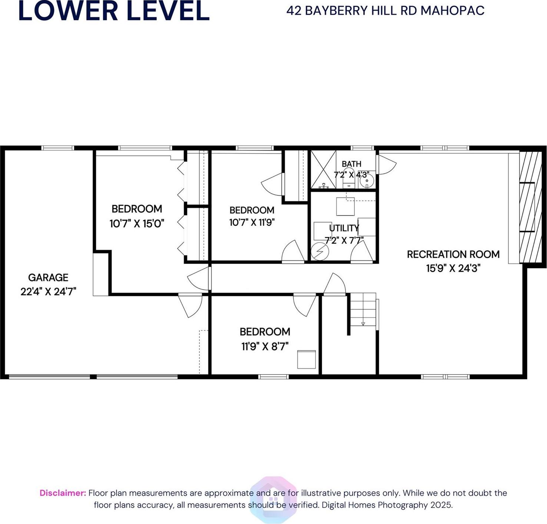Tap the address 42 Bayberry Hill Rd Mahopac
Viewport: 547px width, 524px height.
(x=385, y=10)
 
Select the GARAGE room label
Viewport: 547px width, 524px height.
(x=48, y=277)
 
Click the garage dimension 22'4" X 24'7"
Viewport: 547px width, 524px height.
(x=48, y=292)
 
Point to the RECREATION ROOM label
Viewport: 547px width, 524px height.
(x=453, y=254)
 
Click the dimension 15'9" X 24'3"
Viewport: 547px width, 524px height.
(x=453, y=268)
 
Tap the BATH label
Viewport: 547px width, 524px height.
(x=351, y=164)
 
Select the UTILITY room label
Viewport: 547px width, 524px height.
(x=344, y=228)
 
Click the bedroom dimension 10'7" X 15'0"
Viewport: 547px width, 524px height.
(x=137, y=224)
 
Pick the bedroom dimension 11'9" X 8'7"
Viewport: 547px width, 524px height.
(x=265, y=346)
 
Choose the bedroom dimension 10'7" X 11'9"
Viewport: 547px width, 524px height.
(x=252, y=223)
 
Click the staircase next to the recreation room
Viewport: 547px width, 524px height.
(x=363, y=309)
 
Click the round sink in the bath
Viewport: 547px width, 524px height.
(x=367, y=181)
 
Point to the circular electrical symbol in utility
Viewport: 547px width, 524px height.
(x=320, y=252)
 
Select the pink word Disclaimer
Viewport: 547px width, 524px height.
(x=63, y=493)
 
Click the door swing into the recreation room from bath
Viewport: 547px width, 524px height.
(x=387, y=165)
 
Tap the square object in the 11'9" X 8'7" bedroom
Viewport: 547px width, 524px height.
(x=307, y=359)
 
